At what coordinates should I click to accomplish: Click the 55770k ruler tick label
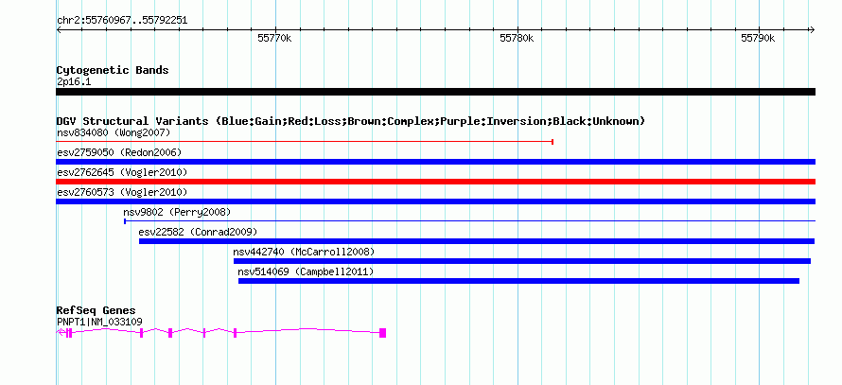(274, 38)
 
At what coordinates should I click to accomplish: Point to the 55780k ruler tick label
(517, 38)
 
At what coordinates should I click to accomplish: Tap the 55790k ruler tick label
(758, 38)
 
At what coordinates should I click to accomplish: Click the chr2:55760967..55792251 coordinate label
(122, 21)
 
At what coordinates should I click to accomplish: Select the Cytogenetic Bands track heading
(113, 70)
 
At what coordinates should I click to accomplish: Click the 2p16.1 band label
(74, 81)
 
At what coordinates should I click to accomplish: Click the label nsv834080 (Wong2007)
(114, 132)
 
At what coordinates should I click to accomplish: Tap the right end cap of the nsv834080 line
(553, 142)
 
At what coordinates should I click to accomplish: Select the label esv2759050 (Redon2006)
(119, 152)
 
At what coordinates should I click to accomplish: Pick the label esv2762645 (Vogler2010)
(122, 172)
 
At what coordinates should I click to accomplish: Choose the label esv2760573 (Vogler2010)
(122, 192)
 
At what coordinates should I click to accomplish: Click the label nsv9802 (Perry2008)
(177, 212)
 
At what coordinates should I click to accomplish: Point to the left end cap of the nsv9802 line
(125, 220)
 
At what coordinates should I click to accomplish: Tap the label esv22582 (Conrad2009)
(198, 232)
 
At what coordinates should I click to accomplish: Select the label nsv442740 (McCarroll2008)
(304, 252)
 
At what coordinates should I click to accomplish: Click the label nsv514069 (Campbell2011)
(306, 271)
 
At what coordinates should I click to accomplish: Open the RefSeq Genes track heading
(96, 310)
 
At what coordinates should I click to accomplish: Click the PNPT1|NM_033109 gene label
(99, 323)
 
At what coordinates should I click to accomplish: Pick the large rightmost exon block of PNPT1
(383, 333)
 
